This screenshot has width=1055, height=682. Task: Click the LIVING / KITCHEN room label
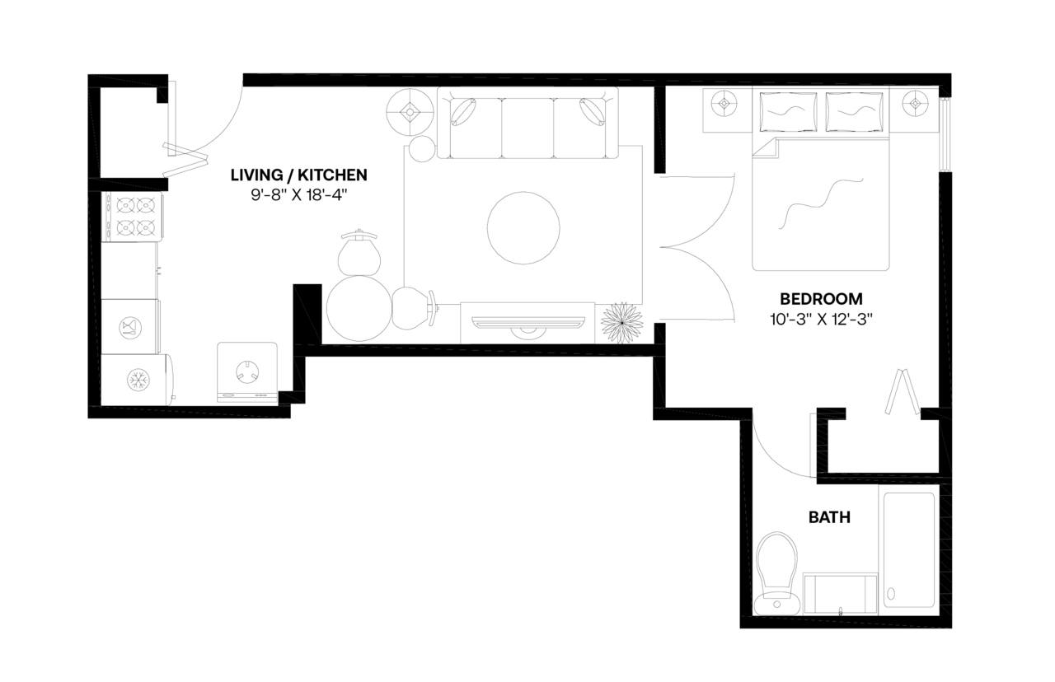(298, 175)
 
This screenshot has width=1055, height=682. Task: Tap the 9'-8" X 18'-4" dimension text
(298, 197)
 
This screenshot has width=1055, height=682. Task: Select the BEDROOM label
(821, 298)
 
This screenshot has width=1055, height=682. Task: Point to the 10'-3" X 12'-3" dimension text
(821, 320)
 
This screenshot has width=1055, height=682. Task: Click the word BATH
(828, 517)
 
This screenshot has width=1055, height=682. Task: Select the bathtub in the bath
(909, 549)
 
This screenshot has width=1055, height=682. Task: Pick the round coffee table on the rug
(523, 227)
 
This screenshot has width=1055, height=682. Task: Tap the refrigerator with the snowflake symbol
(137, 380)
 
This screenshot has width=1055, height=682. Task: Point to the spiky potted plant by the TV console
(621, 322)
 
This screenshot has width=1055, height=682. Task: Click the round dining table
(359, 307)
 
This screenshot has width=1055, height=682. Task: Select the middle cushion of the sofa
(527, 128)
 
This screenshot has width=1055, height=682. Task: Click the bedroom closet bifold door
(903, 392)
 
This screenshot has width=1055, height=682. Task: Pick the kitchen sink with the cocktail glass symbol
(130, 327)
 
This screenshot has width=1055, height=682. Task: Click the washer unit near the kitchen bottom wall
(247, 371)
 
